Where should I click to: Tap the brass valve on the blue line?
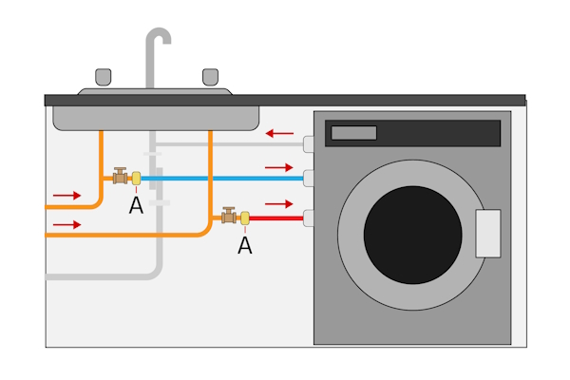click(121, 176)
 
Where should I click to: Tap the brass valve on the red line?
click(229, 217)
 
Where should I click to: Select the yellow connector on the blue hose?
click(136, 178)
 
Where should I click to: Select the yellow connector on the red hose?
click(244, 218)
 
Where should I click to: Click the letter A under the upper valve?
click(136, 205)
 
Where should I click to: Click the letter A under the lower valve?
click(244, 245)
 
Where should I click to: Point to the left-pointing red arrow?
click(279, 134)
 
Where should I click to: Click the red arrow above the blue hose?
click(278, 167)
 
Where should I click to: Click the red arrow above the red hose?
click(278, 203)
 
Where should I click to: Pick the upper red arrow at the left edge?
click(66, 195)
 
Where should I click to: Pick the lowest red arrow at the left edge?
click(66, 224)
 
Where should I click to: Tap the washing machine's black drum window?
click(412, 233)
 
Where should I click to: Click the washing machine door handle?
click(487, 234)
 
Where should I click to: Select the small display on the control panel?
click(353, 133)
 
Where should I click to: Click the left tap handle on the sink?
click(103, 76)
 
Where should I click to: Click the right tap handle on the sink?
click(211, 76)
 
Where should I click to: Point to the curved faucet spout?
click(157, 43)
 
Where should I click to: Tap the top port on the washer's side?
click(308, 144)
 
